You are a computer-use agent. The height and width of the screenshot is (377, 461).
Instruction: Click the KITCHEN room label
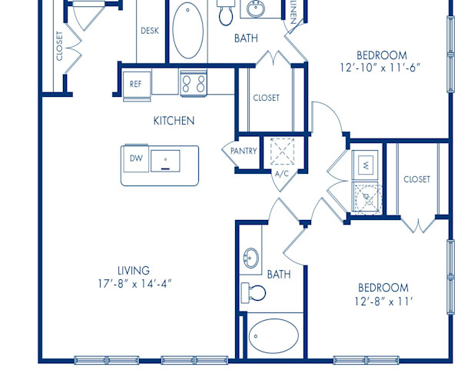pos(174,121)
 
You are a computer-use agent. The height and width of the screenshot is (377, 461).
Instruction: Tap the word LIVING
pos(133,270)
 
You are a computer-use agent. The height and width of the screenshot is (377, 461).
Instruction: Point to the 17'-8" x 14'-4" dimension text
pos(134,282)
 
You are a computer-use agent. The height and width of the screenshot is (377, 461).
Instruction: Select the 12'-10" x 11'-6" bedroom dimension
pos(381,68)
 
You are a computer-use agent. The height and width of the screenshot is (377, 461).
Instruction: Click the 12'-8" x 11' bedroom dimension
pos(384,302)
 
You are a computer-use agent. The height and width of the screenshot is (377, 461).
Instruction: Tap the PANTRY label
pos(244,152)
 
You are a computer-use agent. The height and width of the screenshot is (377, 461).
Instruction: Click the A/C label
pos(280,174)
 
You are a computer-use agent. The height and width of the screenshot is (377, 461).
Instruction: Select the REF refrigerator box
pos(135,84)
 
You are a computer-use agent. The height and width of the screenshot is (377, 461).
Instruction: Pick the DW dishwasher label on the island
pos(135,158)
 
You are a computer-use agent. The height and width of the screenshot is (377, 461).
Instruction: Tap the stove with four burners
pos(193,82)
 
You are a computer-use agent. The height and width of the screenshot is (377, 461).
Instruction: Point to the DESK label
pos(149,32)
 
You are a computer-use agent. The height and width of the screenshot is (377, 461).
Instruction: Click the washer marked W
pos(365,165)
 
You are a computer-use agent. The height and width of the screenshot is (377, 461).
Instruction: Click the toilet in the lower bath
pos(254,292)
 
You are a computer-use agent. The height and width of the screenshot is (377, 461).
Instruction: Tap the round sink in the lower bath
pos(250,258)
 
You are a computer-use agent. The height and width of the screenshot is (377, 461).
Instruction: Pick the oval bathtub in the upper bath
pos(187,31)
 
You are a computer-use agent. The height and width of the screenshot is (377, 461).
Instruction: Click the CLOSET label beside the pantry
pos(266,98)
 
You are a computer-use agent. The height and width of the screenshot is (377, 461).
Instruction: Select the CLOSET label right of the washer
pos(416,179)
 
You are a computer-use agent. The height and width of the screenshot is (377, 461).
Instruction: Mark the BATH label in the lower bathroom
pos(277,274)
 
